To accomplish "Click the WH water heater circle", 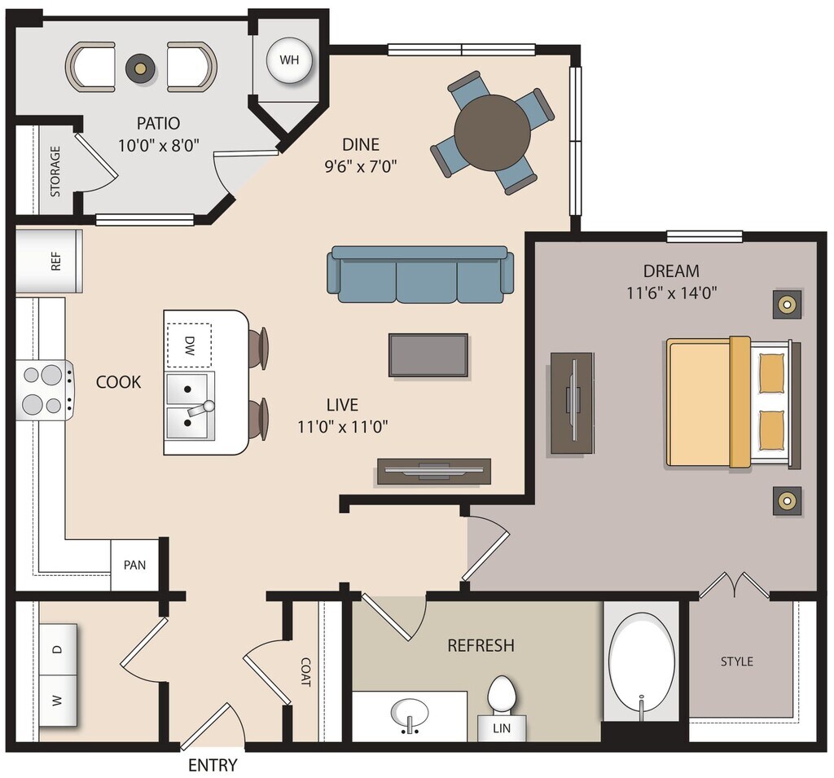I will point(289,60).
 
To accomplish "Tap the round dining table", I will point(492,133).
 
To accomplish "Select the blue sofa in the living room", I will point(420,275).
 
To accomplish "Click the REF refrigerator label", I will point(55,261).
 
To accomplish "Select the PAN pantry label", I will point(135,565).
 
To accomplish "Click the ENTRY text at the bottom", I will point(213,765).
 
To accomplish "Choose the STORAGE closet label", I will point(55,172).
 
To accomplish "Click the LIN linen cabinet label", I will point(502,727).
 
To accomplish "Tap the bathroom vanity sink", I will point(409,714).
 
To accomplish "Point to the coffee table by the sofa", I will point(428,355).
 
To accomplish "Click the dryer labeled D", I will point(57,649).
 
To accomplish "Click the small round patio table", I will point(140,67).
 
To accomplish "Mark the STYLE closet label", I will point(736,662).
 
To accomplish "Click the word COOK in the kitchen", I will point(119,381).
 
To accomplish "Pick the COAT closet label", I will point(305,671).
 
